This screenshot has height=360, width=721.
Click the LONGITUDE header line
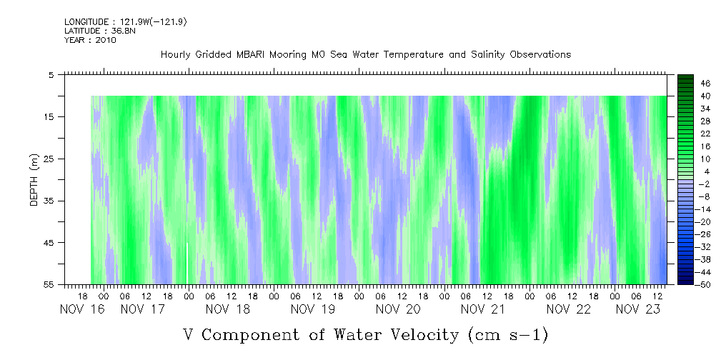(x=126, y=21)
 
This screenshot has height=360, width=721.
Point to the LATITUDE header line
(x=100, y=31)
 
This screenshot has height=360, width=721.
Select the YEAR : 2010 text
(x=90, y=40)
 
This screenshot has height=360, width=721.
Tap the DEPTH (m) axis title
(x=34, y=180)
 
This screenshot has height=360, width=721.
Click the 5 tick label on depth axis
(x=51, y=75)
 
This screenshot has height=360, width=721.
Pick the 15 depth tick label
(x=49, y=116)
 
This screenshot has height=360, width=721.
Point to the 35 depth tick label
(x=49, y=201)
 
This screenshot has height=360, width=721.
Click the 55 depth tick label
(x=49, y=284)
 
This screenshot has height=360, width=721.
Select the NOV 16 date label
(x=82, y=309)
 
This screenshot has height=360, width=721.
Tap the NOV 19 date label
(x=313, y=309)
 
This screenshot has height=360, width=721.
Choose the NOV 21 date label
(x=483, y=309)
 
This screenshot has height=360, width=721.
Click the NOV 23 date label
(x=638, y=309)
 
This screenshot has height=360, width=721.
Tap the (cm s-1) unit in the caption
(x=508, y=335)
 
